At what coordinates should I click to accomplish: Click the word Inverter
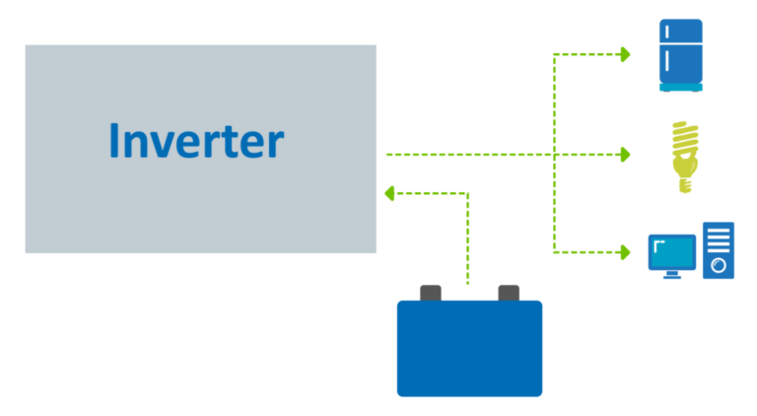[196, 140]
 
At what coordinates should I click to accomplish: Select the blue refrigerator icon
[681, 55]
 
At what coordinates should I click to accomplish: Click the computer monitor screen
[672, 252]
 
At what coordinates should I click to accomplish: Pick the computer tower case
[719, 250]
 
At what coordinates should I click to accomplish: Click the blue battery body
[469, 348]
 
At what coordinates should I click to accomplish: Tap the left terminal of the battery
[430, 293]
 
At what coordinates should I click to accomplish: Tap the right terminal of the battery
[509, 293]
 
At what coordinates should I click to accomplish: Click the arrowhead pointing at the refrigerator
[626, 54]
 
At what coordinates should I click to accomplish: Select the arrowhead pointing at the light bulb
[626, 155]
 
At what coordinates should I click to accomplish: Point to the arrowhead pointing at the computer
[626, 252]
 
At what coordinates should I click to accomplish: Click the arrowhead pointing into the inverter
[389, 193]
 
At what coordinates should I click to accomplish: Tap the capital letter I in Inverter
[114, 140]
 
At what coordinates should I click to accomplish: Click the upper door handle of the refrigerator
[667, 32]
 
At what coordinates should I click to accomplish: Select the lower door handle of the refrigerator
[667, 61]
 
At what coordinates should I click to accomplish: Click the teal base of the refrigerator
[681, 88]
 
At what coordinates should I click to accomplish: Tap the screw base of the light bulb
[685, 185]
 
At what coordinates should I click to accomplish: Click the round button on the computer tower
[719, 265]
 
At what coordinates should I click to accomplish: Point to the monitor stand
[672, 274]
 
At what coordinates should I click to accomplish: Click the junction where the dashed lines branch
[554, 155]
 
